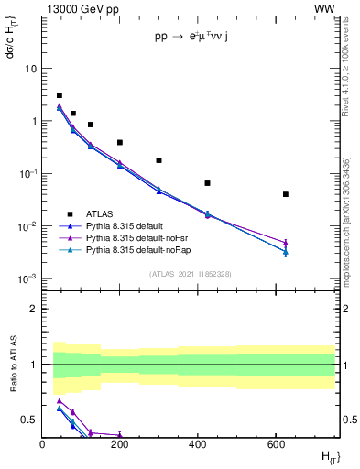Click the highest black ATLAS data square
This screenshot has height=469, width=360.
(60, 95)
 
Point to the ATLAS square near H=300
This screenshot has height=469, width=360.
(159, 160)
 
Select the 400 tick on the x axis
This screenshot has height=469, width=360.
(198, 444)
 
